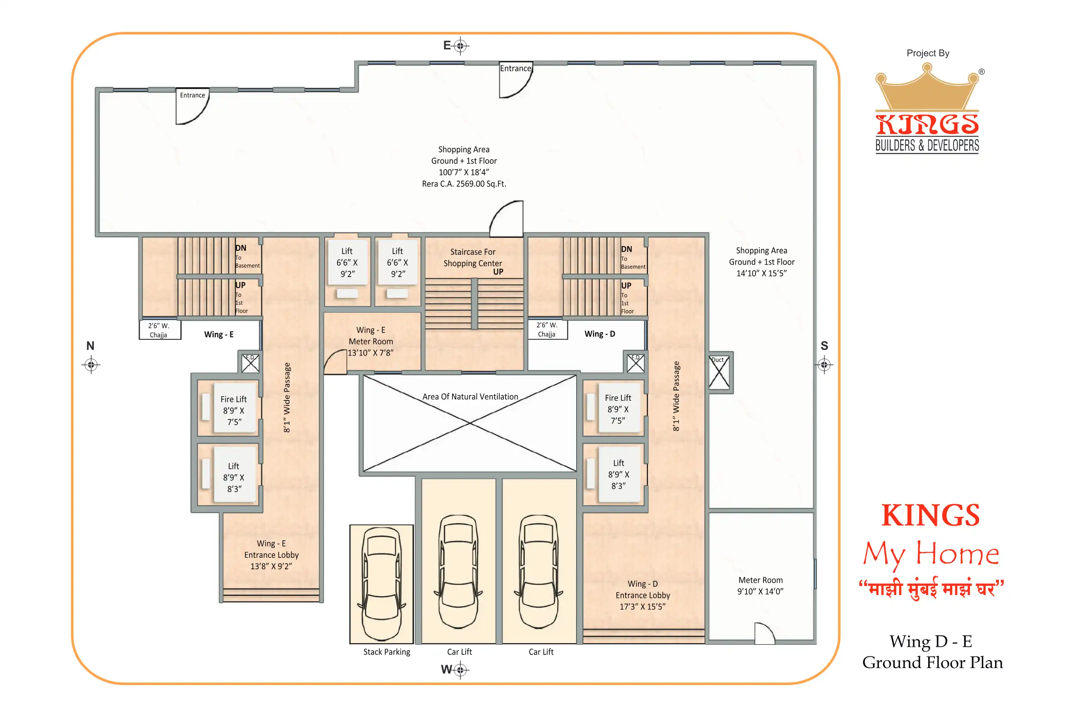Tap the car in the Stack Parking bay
(x=381, y=584)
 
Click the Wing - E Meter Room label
(x=371, y=341)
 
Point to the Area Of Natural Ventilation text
(x=470, y=396)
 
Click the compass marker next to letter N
(x=91, y=365)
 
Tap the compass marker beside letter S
(x=824, y=365)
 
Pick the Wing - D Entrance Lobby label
(x=643, y=595)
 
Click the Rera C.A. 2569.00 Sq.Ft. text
(x=464, y=184)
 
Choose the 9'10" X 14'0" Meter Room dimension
(x=761, y=591)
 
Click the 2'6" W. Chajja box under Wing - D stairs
(x=547, y=329)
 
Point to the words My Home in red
(x=931, y=554)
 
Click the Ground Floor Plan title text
(x=932, y=663)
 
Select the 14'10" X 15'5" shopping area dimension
(x=762, y=273)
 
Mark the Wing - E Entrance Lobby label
(x=271, y=555)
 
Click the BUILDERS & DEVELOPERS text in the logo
(x=927, y=145)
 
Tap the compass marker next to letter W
(x=460, y=670)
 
